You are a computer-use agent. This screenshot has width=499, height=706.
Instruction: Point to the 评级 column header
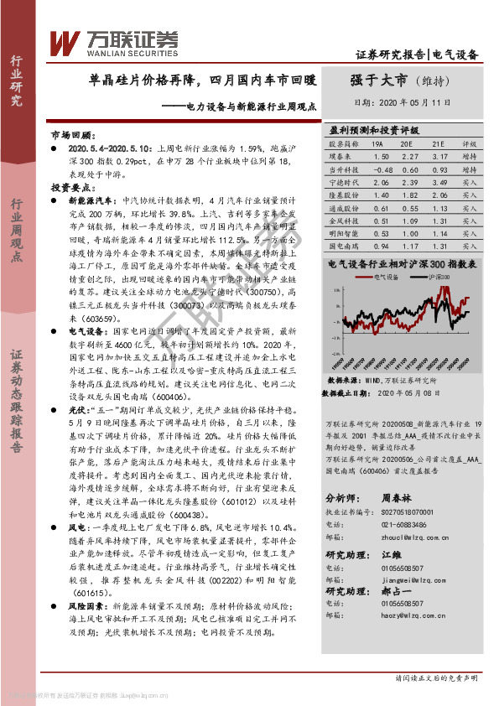pos(470,144)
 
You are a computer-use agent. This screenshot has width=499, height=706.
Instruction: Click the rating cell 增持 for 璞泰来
pos(470,157)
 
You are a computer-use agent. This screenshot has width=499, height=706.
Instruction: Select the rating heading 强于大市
pos(379,80)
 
